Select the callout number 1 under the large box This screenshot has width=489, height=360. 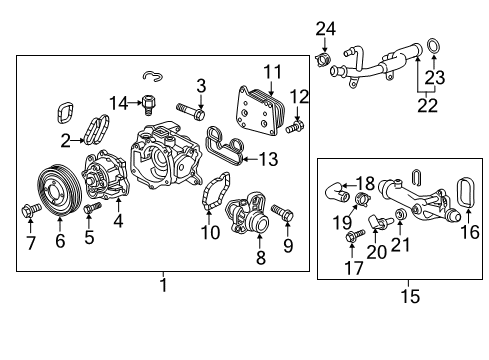pyautogui.click(x=163, y=286)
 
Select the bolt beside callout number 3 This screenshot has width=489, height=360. pyautogui.click(x=192, y=108)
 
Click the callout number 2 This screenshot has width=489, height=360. pyautogui.click(x=66, y=140)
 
